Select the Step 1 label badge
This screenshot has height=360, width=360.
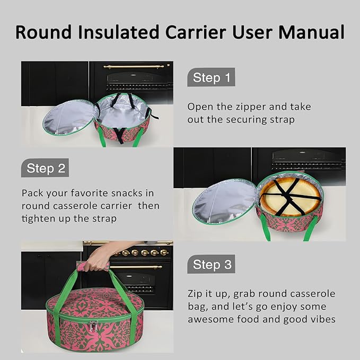[x=211, y=78]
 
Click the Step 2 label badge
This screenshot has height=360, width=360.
[x=46, y=169]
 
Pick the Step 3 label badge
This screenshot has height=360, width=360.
[x=211, y=265]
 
